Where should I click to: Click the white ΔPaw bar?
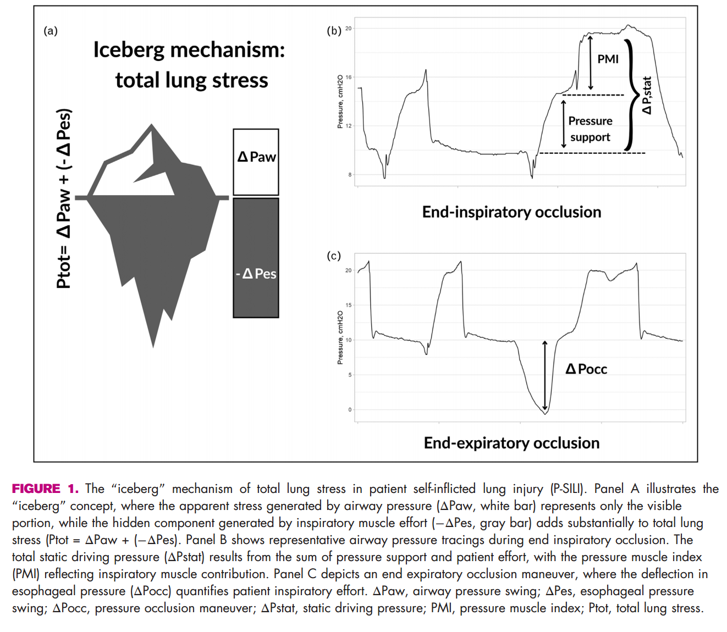point(256,162)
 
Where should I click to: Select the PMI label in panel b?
point(608,59)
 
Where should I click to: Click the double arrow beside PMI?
point(590,62)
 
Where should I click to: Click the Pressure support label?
point(590,129)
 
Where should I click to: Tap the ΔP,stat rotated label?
point(647,95)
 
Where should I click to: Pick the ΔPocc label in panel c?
point(586,369)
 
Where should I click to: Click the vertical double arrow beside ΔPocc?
point(545,376)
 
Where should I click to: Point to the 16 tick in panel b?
point(349,77)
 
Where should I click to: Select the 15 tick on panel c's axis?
point(349,305)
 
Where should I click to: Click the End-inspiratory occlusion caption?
point(511,212)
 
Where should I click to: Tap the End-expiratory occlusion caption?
point(511,443)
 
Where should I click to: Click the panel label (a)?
point(51,31)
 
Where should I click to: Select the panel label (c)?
point(333,256)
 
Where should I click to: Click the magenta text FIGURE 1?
point(45,489)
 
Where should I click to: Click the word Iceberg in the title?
point(129,50)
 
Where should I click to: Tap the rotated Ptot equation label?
point(64,198)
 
